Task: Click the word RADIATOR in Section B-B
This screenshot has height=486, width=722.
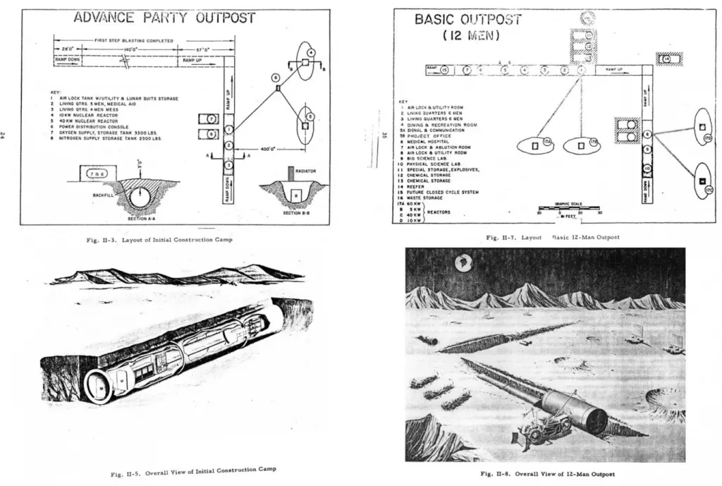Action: click(305, 171)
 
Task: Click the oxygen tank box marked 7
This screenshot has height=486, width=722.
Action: click(212, 119)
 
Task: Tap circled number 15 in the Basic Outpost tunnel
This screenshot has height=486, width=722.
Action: click(444, 70)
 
